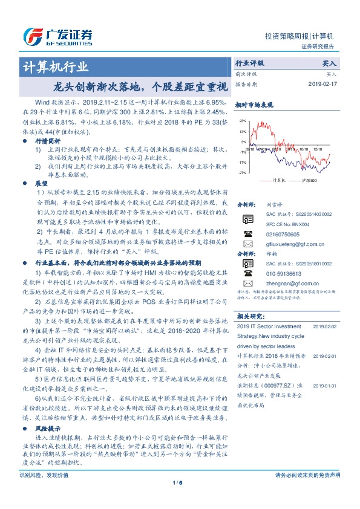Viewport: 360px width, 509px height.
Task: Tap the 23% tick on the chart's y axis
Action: (x=243, y=121)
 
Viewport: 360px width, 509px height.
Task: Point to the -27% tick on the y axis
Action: (x=243, y=173)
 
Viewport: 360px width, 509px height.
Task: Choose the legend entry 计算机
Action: (x=278, y=180)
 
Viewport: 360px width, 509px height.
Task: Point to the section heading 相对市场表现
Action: (x=250, y=104)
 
